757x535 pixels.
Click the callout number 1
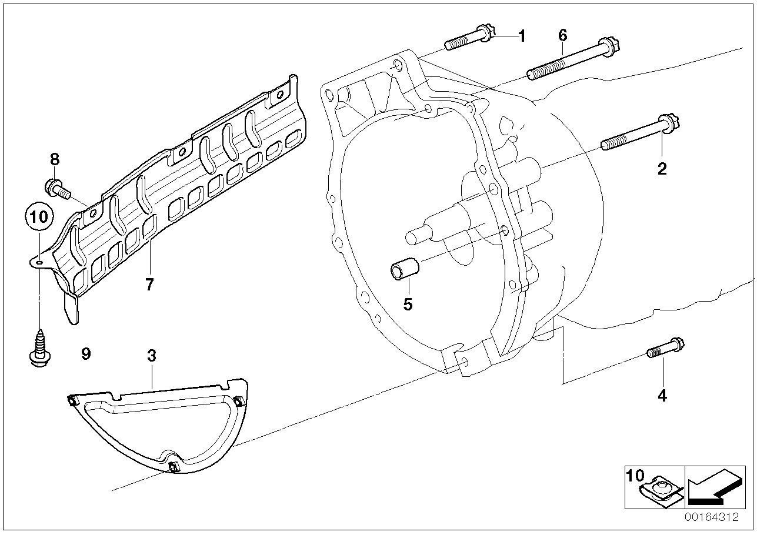[x=521, y=36]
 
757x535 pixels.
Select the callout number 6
[x=563, y=35]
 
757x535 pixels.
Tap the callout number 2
[x=662, y=169]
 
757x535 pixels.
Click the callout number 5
[x=408, y=304]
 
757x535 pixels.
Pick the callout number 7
[x=149, y=285]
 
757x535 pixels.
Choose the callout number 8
[x=55, y=159]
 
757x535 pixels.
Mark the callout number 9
[x=86, y=354]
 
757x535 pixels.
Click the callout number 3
[x=152, y=356]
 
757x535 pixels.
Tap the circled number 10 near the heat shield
[x=39, y=216]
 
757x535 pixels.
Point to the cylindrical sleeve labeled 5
[x=404, y=268]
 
